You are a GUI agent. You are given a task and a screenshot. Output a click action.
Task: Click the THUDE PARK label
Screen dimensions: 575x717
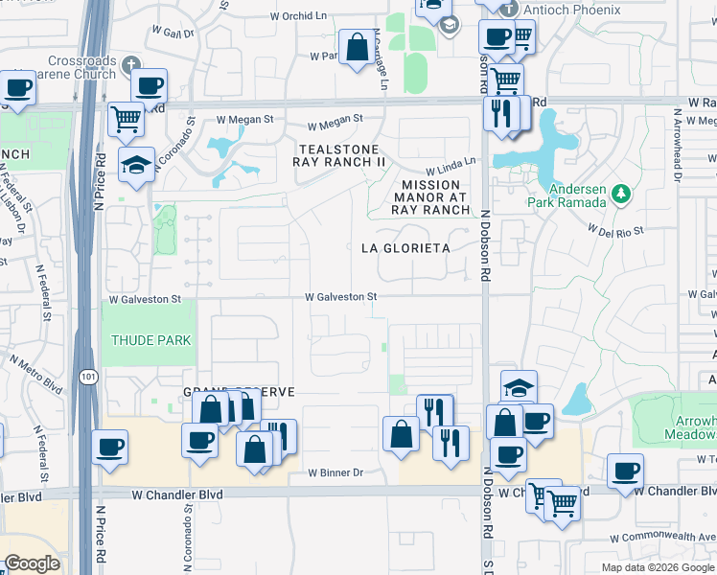[150, 340]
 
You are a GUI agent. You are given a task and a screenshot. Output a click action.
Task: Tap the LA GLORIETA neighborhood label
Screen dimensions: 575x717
[405, 248]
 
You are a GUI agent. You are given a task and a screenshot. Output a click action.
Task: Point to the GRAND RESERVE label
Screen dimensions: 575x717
[239, 393]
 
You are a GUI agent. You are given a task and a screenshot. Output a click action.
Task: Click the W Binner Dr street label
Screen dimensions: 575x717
[335, 472]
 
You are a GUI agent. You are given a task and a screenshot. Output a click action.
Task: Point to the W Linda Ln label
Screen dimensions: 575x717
[457, 166]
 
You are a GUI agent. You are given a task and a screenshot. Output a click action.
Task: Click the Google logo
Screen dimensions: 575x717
[33, 563]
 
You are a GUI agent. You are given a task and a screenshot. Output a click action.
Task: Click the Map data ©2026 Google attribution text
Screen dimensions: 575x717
[657, 567]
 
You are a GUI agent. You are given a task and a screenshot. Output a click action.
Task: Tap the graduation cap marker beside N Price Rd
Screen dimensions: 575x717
[137, 165]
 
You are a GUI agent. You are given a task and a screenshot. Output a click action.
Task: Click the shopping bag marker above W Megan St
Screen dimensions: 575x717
[357, 48]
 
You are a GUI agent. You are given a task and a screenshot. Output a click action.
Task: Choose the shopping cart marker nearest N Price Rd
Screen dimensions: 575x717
[126, 120]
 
